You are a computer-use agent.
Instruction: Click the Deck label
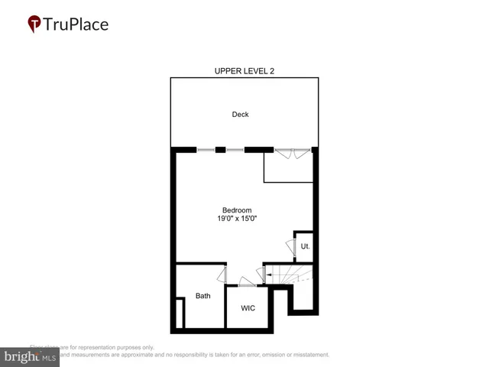(241, 115)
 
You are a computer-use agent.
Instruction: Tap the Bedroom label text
(237, 210)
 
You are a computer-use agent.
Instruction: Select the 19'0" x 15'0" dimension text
(237, 219)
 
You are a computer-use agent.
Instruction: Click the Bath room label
(202, 296)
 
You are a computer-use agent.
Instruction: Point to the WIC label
(248, 308)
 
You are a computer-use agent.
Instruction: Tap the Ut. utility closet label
(304, 246)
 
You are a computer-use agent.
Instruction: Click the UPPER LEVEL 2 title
(244, 71)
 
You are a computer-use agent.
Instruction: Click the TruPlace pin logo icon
(34, 24)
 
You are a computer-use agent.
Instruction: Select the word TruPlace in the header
(76, 24)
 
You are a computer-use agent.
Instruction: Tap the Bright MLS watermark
(30, 357)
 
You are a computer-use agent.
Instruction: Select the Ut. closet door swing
(290, 247)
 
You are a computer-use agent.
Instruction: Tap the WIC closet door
(248, 281)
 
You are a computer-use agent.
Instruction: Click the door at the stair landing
(267, 273)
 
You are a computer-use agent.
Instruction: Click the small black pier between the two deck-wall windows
(221, 150)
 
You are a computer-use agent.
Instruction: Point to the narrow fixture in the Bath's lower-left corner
(180, 314)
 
